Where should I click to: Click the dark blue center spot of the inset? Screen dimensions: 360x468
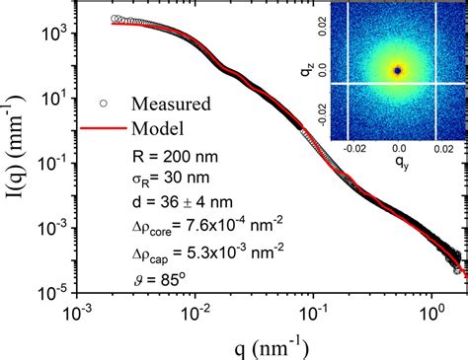click(398, 71)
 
